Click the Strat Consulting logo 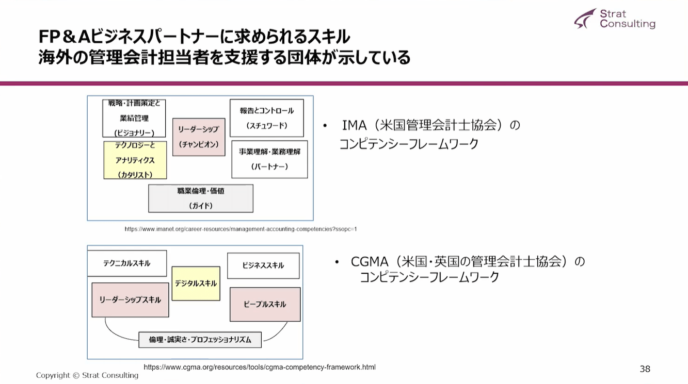pos(614,19)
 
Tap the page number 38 pos(645,369)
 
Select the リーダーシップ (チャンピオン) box pos(199,137)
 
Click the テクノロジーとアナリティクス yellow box pos(135,160)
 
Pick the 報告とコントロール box pos(266,118)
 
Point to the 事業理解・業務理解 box pos(269,159)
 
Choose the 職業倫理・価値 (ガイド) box pos(201,198)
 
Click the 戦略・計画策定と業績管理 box pos(134,118)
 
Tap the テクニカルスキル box pos(127,263)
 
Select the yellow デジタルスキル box pos(196,283)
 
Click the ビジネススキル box pos(263,265)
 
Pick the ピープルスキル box pos(265,304)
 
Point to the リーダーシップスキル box pos(130,299)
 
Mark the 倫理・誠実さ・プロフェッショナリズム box pos(200,340)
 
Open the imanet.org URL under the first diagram pos(241,229)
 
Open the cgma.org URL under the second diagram pos(260,367)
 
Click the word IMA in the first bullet pos(355,125)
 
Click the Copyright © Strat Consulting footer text pos(87,375)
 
